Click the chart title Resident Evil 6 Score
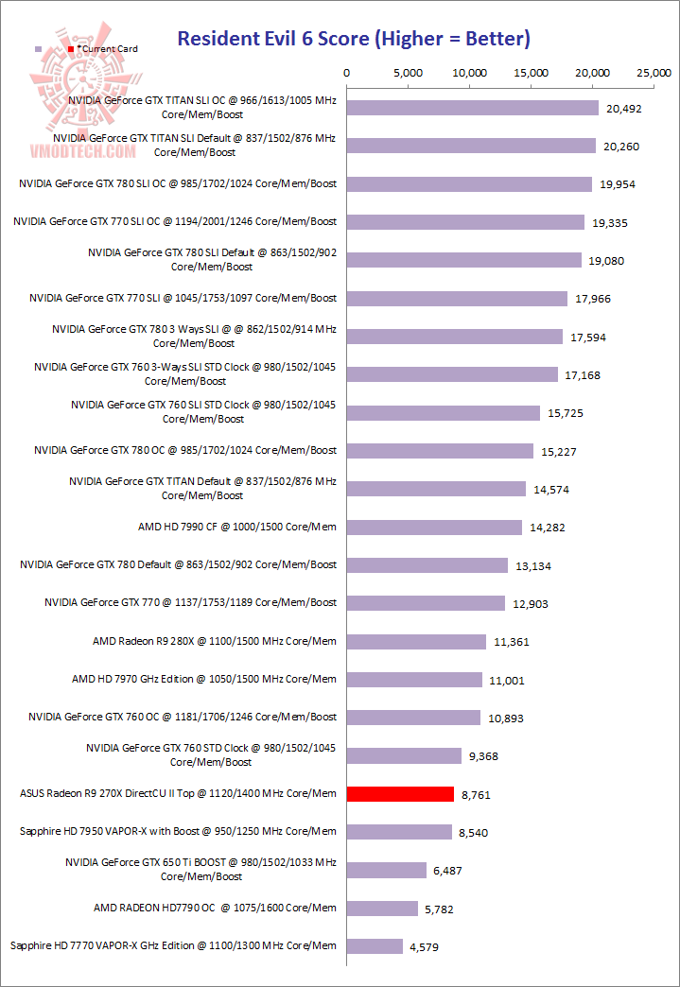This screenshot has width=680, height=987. (x=354, y=39)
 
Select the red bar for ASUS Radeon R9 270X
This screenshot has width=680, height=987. (x=400, y=794)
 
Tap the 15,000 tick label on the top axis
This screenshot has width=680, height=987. (x=532, y=74)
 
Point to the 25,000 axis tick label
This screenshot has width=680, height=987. (x=654, y=74)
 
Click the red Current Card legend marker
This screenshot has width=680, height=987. (x=71, y=48)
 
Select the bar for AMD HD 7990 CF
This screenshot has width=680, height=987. (x=434, y=528)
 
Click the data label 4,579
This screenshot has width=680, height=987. (x=425, y=946)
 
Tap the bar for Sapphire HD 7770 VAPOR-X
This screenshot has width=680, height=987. (x=375, y=946)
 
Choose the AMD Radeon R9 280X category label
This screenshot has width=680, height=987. (x=214, y=641)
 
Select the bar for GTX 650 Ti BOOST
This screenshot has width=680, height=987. (x=387, y=870)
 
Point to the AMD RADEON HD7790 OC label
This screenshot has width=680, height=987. (x=215, y=908)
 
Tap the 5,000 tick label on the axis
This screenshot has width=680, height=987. (x=409, y=74)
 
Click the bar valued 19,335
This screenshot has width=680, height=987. (x=465, y=222)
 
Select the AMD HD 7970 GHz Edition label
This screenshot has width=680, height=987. (x=204, y=679)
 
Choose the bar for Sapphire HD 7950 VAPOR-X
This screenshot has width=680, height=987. (x=399, y=832)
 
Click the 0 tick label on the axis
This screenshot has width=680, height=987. (x=347, y=74)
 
